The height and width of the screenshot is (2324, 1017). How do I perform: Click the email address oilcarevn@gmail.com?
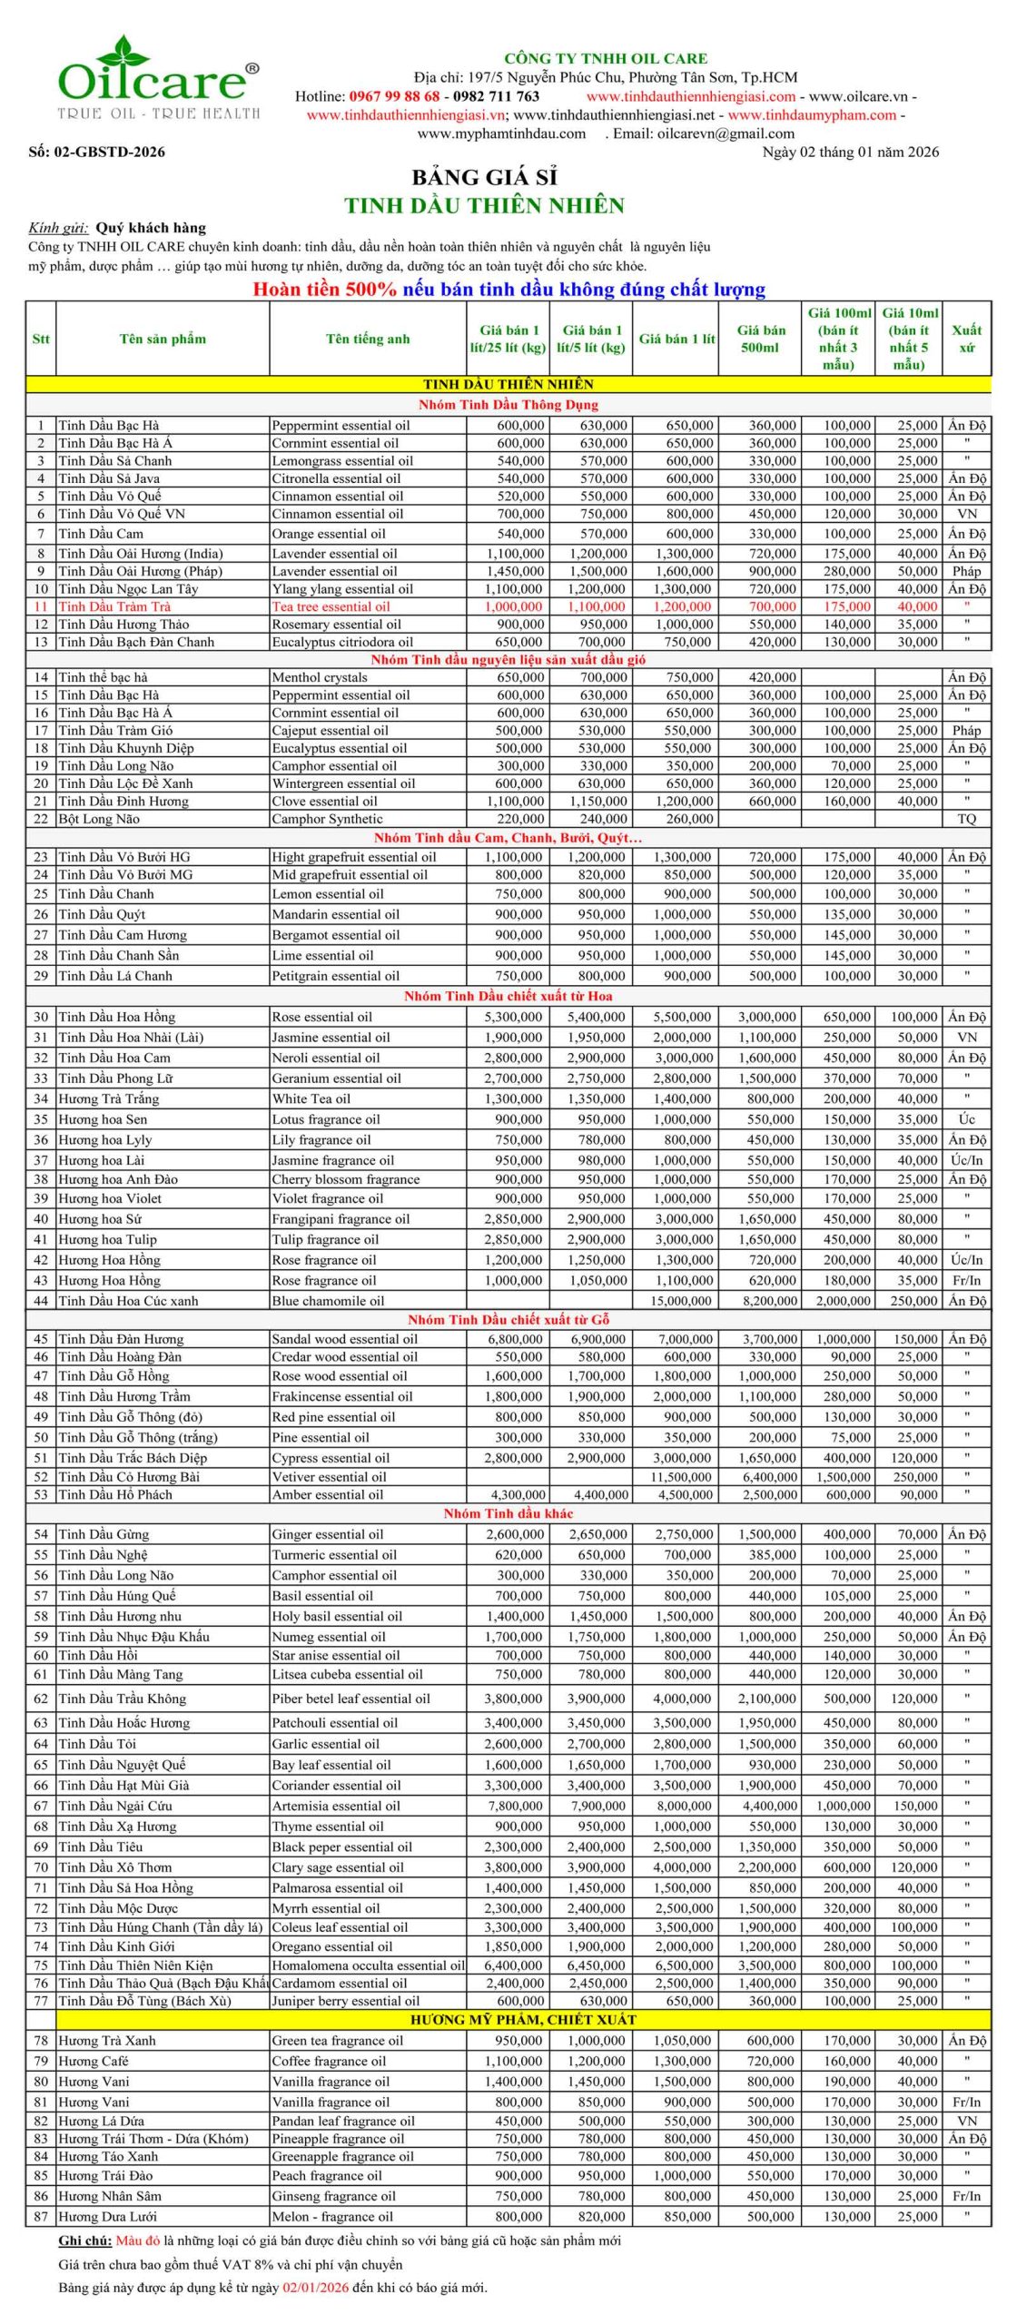pyautogui.click(x=727, y=133)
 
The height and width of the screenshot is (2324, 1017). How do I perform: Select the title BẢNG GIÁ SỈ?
pyautogui.click(x=484, y=177)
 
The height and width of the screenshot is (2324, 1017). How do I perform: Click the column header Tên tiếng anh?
pyautogui.click(x=368, y=339)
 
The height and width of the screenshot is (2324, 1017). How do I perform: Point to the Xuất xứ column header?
pyautogui.click(x=966, y=339)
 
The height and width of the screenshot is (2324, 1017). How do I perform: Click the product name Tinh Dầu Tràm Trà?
pyautogui.click(x=114, y=606)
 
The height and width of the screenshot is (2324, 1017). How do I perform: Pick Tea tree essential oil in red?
pyautogui.click(x=331, y=606)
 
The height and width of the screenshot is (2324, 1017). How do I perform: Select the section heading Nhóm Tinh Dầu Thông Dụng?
pyautogui.click(x=508, y=405)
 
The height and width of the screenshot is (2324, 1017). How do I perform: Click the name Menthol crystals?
pyautogui.click(x=320, y=677)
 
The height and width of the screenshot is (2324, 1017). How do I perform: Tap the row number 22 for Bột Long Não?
pyautogui.click(x=41, y=819)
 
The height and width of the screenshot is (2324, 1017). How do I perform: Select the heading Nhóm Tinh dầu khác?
pyautogui.click(x=508, y=1513)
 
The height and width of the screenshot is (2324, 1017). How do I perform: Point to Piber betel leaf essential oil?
pyautogui.click(x=351, y=1699)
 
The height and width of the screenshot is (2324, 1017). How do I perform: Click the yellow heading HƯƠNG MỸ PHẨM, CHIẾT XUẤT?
pyautogui.click(x=523, y=2020)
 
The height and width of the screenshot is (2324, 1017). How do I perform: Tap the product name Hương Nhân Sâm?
pyautogui.click(x=110, y=2196)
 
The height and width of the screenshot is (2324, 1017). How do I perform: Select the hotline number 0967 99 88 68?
pyautogui.click(x=394, y=96)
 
